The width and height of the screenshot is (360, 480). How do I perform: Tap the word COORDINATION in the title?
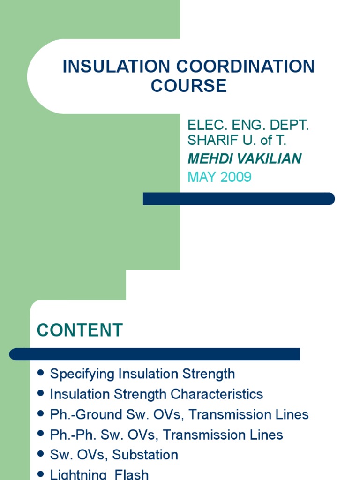pos(241,67)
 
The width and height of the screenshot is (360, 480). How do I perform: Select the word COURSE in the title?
pos(188,86)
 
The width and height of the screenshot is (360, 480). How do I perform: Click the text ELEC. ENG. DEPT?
pos(248,126)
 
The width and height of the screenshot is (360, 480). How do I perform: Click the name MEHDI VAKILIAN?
pos(244,159)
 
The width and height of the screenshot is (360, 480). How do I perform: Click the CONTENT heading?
pos(80,330)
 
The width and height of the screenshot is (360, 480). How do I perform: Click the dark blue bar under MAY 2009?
pos(239,199)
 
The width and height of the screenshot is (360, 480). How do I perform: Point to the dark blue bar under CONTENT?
pos(155,354)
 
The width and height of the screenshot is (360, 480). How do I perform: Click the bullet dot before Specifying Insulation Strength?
pos(40,373)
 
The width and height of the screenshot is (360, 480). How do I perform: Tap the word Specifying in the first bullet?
pos(82,374)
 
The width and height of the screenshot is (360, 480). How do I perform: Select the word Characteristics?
pos(217,394)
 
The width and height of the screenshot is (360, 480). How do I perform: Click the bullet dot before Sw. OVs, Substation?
pos(40,454)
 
